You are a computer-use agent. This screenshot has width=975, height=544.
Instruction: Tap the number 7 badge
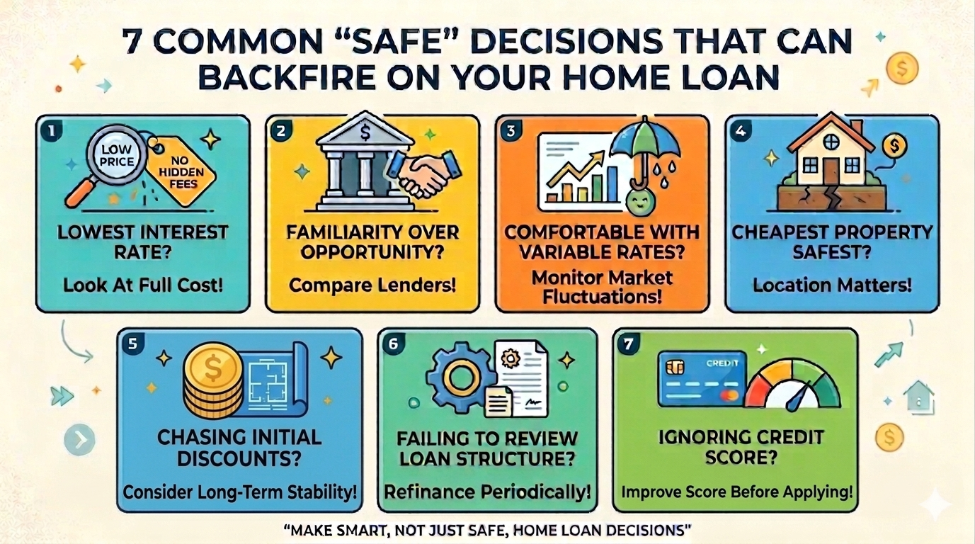coord(628,345)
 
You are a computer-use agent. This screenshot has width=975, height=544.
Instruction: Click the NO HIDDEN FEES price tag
coord(181,171)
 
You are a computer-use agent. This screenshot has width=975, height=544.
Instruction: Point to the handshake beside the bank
coord(424,172)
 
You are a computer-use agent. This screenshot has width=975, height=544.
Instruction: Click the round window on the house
coord(831,141)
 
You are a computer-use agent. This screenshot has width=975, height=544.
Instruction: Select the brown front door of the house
coord(831,171)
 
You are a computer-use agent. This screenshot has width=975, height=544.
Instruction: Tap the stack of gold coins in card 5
coord(213,381)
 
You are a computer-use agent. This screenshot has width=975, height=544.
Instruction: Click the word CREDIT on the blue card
coord(722,363)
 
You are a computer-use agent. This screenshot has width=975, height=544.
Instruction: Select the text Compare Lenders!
coord(372,285)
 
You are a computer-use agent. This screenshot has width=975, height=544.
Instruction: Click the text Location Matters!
coord(832,285)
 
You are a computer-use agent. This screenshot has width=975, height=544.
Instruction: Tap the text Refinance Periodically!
coord(487,492)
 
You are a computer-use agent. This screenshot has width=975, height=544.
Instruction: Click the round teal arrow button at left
coord(79,440)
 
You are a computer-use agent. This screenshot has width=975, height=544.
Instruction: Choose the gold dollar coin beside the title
coord(902,69)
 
